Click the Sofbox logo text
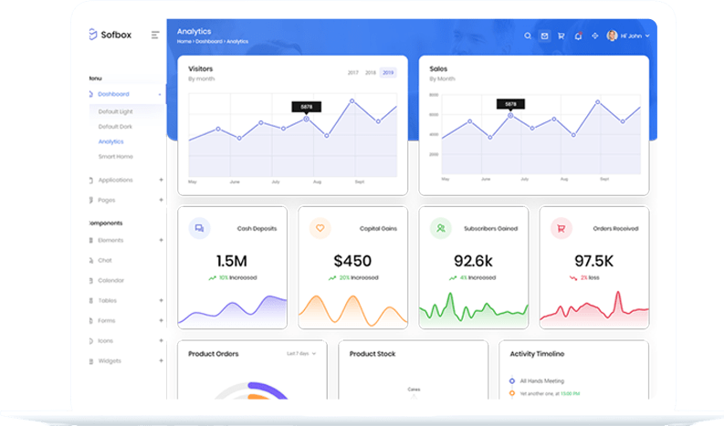117,35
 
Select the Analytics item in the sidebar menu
110,141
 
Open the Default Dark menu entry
115,126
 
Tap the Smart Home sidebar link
115,156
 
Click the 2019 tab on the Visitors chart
388,72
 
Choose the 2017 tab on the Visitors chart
352,72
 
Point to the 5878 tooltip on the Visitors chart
306,107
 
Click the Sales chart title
438,68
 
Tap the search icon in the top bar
528,36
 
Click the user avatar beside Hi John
612,36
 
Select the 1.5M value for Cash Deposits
232,260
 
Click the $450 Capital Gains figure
352,260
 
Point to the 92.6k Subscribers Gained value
473,260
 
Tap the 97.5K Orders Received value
593,260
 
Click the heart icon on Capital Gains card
320,228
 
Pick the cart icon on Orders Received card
561,228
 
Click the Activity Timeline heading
537,353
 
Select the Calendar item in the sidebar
111,280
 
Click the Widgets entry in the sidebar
110,360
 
